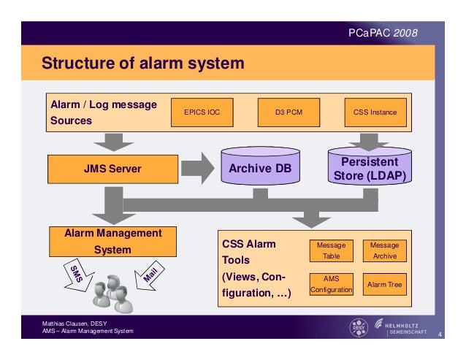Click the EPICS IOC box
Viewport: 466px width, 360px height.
coord(202,112)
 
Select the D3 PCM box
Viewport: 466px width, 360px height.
coord(289,112)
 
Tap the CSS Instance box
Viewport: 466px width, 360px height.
coord(375,112)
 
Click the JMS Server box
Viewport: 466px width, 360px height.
coord(113,169)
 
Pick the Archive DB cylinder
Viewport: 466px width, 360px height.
coord(260,166)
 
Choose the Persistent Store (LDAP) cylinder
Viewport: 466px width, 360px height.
coord(370,166)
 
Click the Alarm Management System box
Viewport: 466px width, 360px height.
coord(113,242)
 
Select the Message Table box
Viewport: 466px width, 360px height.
coord(332,251)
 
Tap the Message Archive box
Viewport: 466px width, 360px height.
coord(385,251)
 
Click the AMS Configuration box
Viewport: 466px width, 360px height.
coord(332,284)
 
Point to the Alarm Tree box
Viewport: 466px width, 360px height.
coord(385,284)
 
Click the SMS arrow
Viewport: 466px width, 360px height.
coord(78,275)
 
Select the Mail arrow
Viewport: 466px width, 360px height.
coord(149,275)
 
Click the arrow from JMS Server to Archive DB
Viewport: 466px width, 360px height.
coord(198,169)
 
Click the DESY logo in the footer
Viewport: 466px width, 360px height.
coord(359,328)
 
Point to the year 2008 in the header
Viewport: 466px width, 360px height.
coord(405,33)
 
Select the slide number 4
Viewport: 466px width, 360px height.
coord(440,334)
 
